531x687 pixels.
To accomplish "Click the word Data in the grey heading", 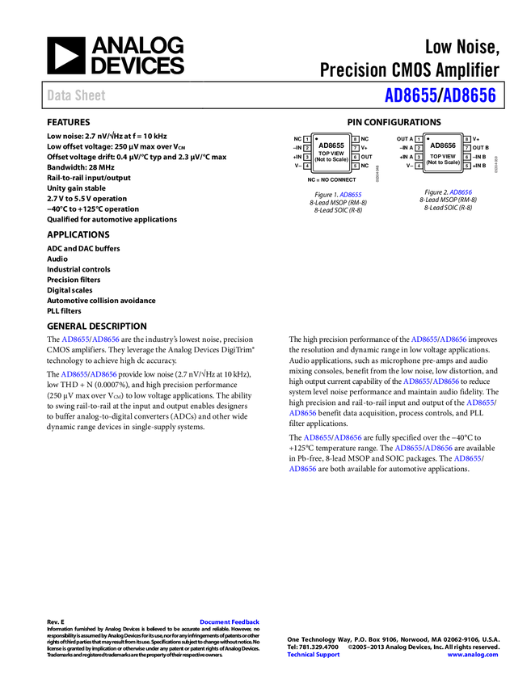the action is pos(57,95).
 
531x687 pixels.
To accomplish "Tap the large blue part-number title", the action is pos(440,95).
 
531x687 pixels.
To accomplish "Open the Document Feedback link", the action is pos(230,622).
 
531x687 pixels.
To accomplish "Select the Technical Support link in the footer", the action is pos(314,655).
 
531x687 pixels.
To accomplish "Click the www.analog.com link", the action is pos(473,655).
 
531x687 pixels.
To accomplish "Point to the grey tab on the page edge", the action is pos(495,164).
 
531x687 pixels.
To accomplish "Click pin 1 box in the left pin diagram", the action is pos(307,140).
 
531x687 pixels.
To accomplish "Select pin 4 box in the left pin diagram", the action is pos(307,166).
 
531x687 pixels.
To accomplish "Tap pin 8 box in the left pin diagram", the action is pos(355,140).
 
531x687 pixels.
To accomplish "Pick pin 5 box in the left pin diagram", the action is pos(355,166).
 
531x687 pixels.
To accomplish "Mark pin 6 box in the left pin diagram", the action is pos(355,158).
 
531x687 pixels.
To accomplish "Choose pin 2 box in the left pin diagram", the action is pos(307,149).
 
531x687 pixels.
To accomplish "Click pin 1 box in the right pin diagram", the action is pos(419,140).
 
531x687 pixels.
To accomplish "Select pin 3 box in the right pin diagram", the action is pos(419,158).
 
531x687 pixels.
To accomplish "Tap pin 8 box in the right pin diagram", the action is pos(466,140).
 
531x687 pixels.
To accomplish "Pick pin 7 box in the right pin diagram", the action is pos(466,149).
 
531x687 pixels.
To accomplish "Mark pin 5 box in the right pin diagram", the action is pos(466,166).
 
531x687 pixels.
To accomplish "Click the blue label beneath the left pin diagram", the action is pos(351,195).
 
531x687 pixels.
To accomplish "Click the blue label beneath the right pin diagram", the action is pos(461,192).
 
